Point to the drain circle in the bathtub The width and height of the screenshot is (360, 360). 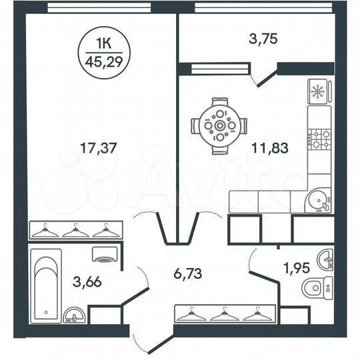click(45, 311)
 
